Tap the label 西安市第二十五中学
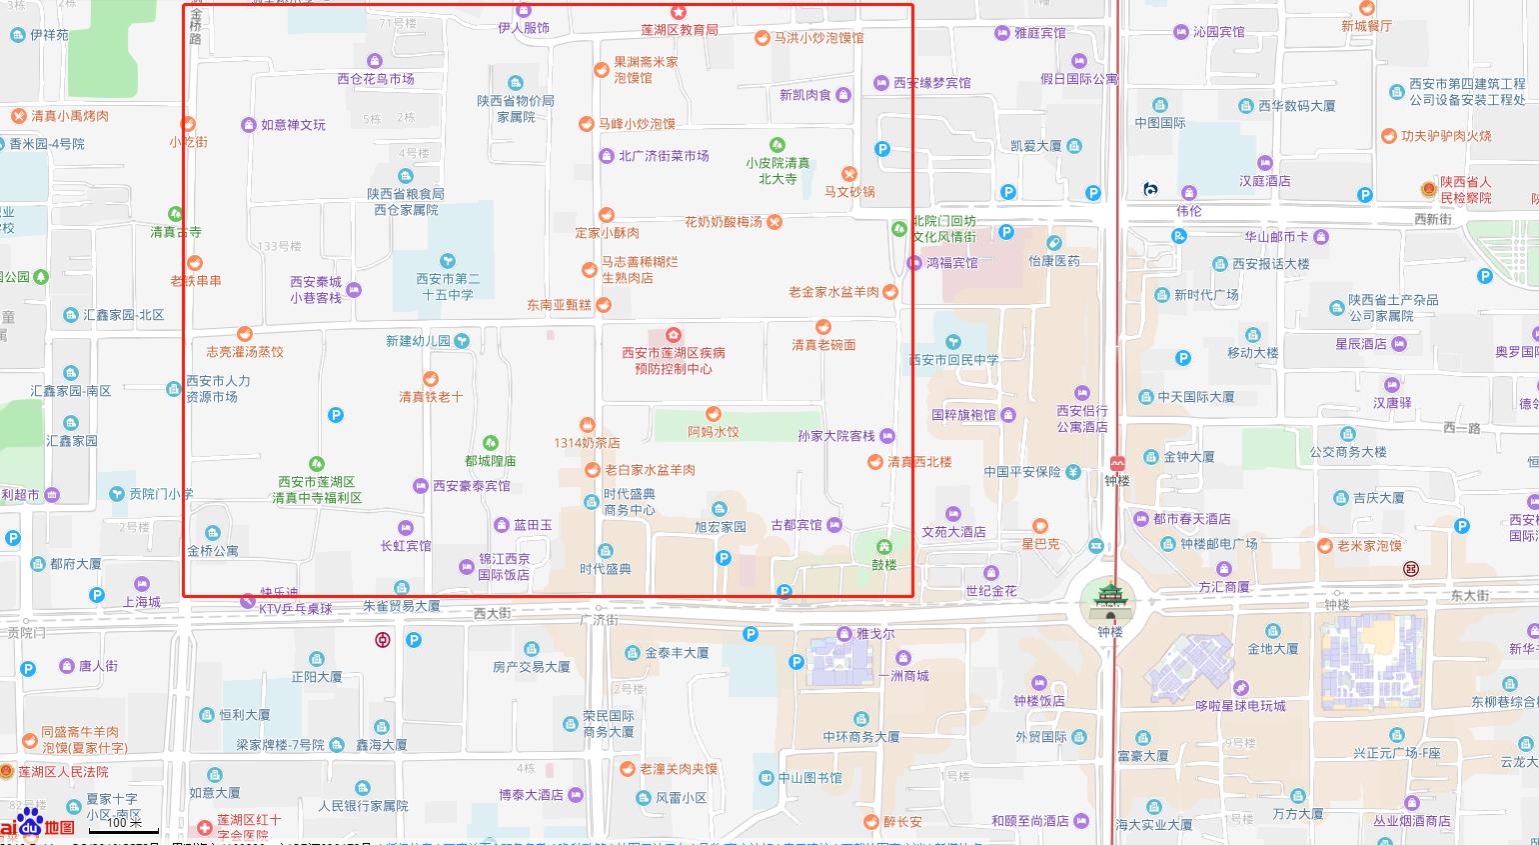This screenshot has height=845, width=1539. click(448, 286)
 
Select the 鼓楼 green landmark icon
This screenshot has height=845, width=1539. click(884, 547)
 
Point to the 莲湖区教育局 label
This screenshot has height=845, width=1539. click(680, 30)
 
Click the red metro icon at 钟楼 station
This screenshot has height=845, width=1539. click(1117, 464)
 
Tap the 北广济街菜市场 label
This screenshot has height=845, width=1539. click(664, 156)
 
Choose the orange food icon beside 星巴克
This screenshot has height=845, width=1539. click(1039, 526)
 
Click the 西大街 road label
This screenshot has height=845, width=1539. click(492, 613)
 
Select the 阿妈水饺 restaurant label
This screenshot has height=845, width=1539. click(714, 432)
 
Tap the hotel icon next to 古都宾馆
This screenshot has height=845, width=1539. click(834, 525)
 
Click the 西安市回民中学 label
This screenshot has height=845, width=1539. click(953, 360)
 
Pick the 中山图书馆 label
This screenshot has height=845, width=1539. click(809, 778)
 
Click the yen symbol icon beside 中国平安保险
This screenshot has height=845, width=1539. click(1073, 472)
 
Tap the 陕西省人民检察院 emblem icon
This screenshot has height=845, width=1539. click(1429, 189)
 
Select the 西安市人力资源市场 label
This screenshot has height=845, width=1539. click(218, 389)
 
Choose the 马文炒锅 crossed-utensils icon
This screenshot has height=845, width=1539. click(849, 175)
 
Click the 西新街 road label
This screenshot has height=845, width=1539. click(1432, 219)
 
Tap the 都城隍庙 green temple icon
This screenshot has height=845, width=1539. click(490, 443)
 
